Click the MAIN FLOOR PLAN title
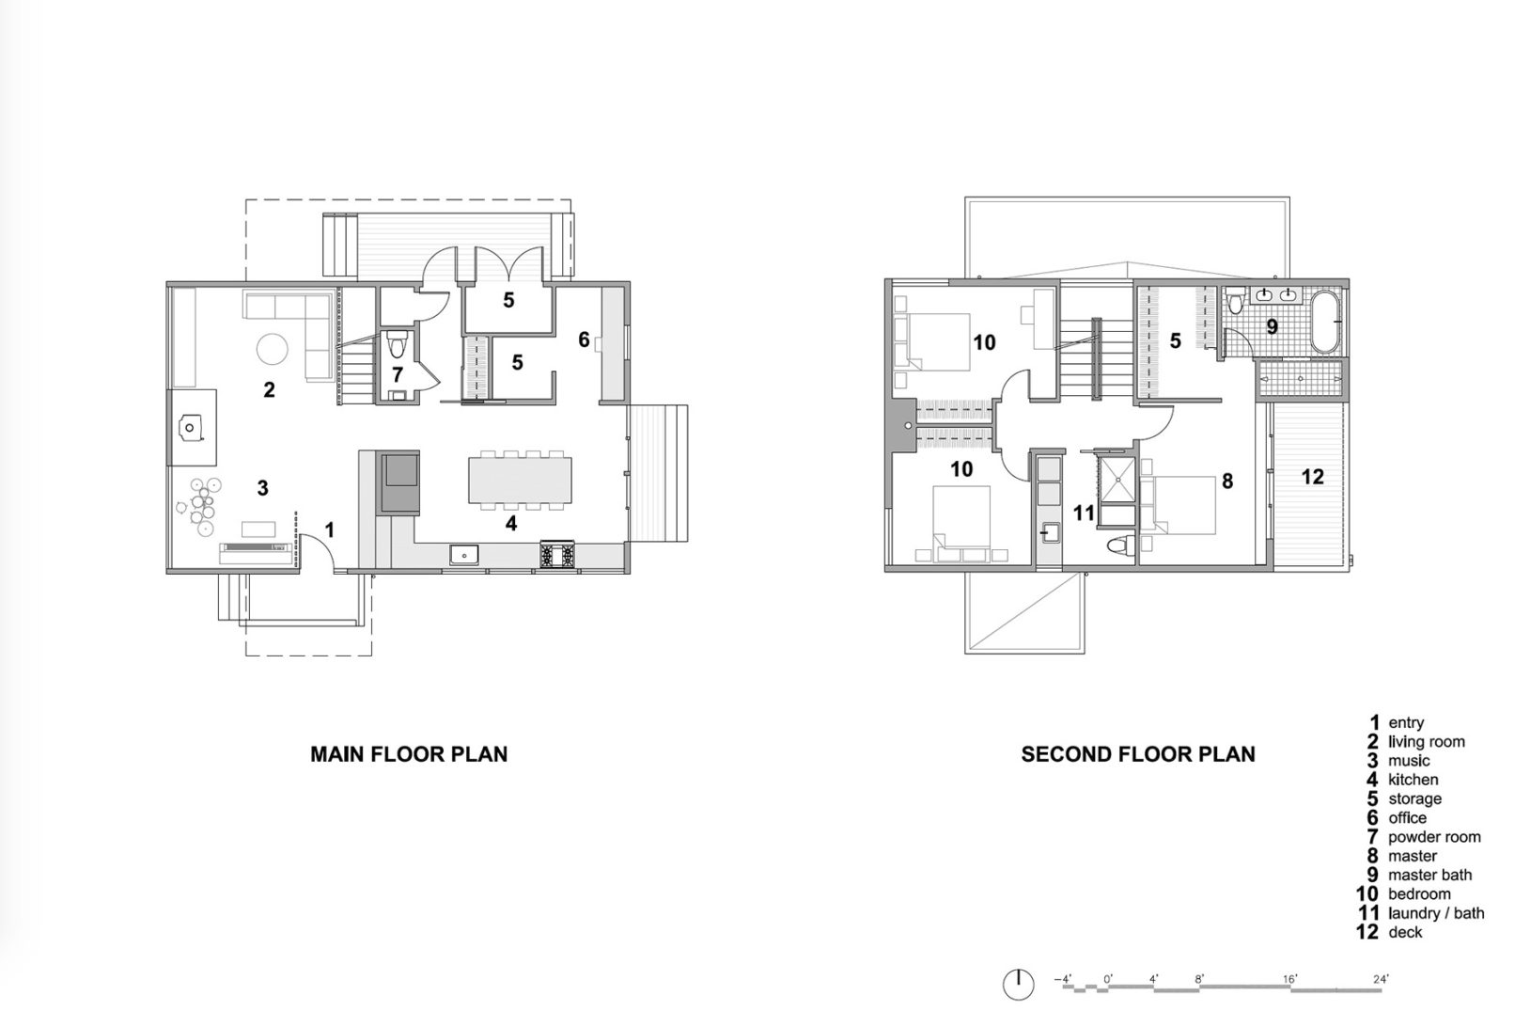point(409,754)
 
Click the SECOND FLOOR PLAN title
point(1138,754)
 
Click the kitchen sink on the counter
point(463,554)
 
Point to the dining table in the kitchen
point(519,479)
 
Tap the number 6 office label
point(584,340)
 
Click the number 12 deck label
point(1313,477)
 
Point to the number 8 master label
point(1226,482)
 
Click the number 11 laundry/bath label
point(1084,513)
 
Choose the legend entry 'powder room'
point(1433,837)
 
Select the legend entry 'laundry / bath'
point(1435,913)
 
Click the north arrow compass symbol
point(1018,983)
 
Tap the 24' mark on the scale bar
point(1380,979)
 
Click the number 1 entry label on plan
point(330,530)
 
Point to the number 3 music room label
point(263,488)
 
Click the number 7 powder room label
point(398,375)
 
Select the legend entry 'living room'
point(1426,742)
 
